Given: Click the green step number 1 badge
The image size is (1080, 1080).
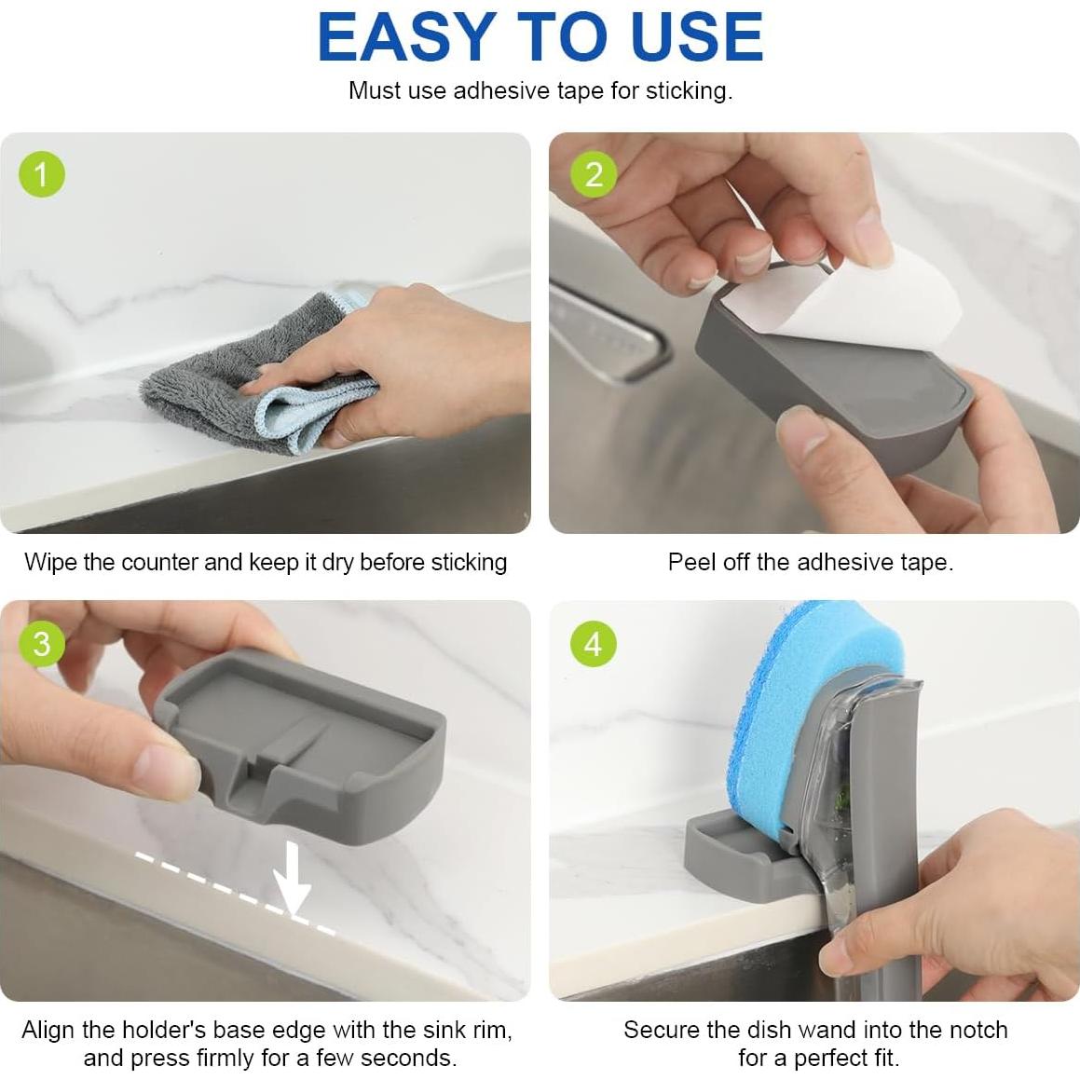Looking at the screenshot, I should (42, 174).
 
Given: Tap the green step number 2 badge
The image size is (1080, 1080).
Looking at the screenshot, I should (594, 174).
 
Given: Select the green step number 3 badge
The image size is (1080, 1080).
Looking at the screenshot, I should (42, 643).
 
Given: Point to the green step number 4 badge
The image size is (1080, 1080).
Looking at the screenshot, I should (594, 644).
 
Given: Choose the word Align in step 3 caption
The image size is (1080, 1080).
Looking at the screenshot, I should (48, 1030).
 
